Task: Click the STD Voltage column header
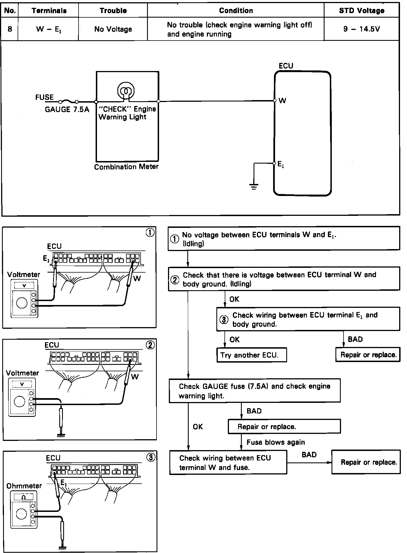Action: (x=361, y=11)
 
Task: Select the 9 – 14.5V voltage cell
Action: (x=361, y=29)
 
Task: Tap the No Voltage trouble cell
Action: (x=113, y=29)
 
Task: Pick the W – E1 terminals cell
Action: (x=48, y=29)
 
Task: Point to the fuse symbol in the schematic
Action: (x=68, y=101)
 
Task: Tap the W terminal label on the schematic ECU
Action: (x=282, y=101)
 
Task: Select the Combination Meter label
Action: (x=126, y=167)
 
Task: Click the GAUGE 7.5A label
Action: (x=67, y=110)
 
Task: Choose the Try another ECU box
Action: (x=252, y=355)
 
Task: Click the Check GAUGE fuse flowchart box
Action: (x=255, y=391)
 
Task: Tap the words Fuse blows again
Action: (x=276, y=442)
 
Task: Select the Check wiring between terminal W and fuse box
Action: (x=228, y=462)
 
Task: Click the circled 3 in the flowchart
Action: (x=224, y=320)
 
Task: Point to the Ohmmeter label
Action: (x=24, y=486)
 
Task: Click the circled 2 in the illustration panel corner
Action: (x=150, y=346)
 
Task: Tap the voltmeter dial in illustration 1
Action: (x=22, y=303)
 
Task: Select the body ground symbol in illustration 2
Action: (x=61, y=435)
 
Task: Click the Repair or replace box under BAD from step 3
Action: (x=368, y=355)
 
